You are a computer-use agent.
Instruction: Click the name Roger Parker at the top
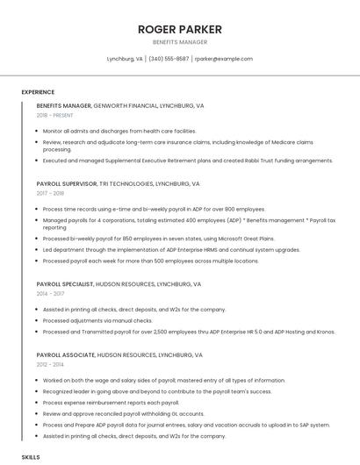[180, 30]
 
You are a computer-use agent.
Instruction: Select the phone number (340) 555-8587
[169, 59]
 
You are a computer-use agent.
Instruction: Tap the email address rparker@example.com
[224, 59]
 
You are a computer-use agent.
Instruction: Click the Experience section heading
[38, 92]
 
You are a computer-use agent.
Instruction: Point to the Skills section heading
[31, 457]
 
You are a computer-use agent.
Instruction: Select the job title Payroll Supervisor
[66, 184]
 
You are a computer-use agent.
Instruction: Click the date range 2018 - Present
[55, 115]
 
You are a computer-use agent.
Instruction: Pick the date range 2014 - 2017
[50, 294]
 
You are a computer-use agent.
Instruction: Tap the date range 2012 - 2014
[50, 363]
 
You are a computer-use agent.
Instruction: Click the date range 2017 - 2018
[50, 193]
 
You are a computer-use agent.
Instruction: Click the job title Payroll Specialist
[65, 284]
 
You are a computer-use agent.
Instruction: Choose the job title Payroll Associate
[66, 354]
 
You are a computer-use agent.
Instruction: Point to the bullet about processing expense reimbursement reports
[111, 403]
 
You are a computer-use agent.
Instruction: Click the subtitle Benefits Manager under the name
[180, 42]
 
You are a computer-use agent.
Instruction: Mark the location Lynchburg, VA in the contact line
[125, 59]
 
